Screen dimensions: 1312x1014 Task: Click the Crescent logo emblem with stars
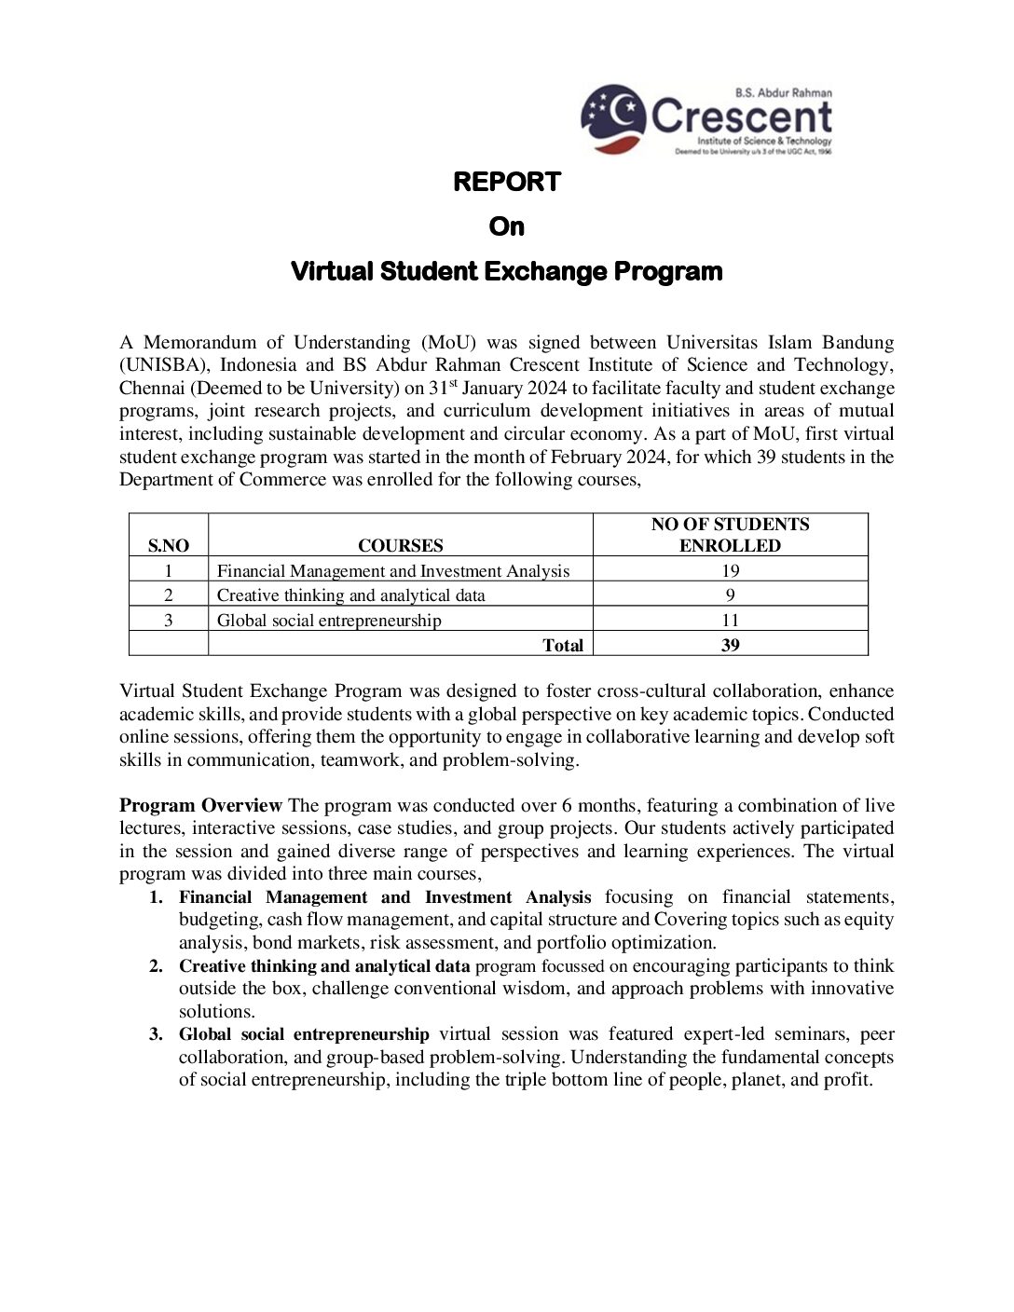613,118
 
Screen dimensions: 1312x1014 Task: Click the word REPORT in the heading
506,182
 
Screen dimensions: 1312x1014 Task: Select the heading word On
506,226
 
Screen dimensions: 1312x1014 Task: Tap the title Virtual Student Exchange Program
506,272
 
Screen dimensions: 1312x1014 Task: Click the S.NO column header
169,546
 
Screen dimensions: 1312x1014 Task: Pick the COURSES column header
401,546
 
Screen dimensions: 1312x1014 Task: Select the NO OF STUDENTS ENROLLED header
730,535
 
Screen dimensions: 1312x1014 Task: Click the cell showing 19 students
730,570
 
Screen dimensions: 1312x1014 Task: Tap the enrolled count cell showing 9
730,594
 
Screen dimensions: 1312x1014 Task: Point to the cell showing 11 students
730,620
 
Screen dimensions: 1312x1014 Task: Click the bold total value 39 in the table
730,645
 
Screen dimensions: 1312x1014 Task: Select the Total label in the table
563,645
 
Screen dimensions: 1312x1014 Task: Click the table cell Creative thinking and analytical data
351,594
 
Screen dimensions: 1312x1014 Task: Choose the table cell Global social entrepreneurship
329,620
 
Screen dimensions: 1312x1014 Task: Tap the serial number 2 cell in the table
169,594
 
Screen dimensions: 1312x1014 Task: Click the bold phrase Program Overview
200,805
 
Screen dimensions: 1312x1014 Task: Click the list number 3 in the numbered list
157,1034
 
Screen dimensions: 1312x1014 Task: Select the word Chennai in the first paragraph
152,388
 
